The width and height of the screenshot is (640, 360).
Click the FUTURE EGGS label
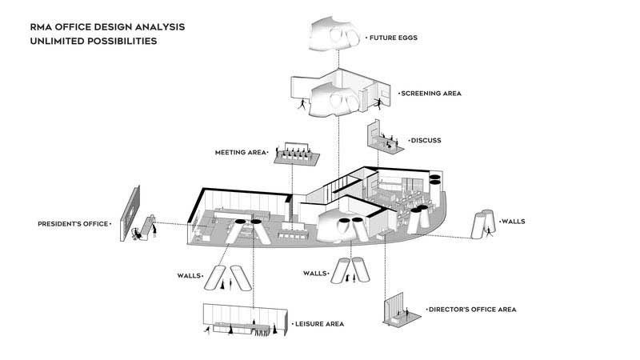point(394,38)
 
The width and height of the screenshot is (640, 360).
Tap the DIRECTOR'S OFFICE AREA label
point(472,309)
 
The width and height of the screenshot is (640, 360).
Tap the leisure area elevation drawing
point(245,320)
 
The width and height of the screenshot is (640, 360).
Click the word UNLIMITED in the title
point(64,41)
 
